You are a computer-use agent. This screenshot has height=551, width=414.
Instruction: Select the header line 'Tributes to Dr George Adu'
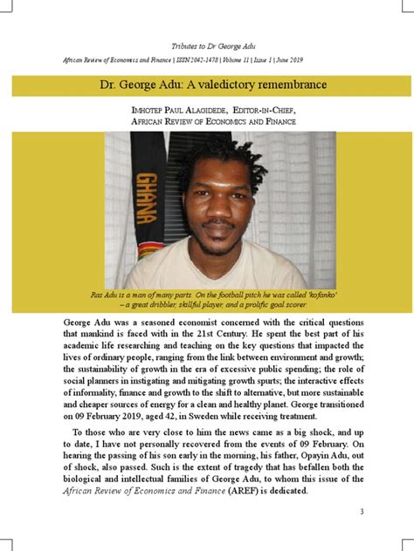click(x=207, y=44)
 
